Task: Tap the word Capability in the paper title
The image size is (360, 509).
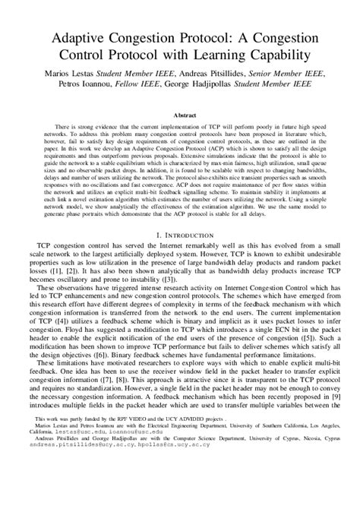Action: (x=282, y=55)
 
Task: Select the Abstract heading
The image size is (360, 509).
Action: (x=180, y=111)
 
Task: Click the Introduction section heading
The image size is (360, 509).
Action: (x=180, y=237)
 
